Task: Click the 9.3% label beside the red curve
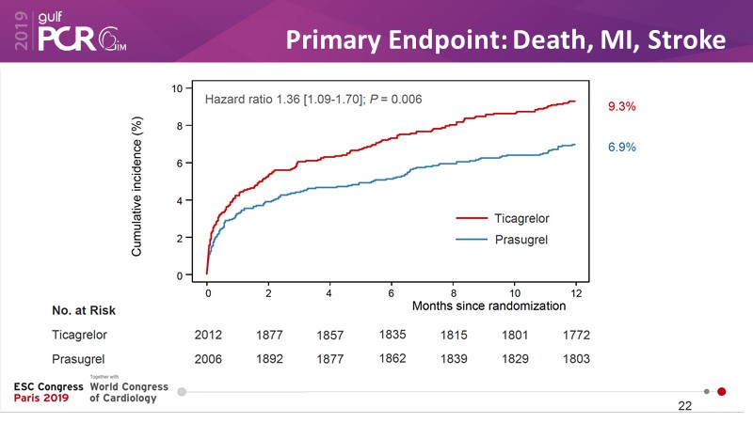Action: click(x=622, y=107)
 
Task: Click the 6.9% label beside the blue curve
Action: click(x=622, y=149)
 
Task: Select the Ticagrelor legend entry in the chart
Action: click(x=521, y=218)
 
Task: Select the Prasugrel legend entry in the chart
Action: click(x=521, y=240)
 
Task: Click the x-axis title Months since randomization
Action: click(x=489, y=305)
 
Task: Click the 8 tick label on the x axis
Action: click(x=454, y=293)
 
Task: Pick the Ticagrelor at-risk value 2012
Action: click(x=208, y=335)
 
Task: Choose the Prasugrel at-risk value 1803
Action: click(x=577, y=359)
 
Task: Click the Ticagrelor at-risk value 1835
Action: click(x=393, y=334)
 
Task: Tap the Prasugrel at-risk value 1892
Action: click(x=269, y=359)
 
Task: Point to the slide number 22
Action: click(x=684, y=406)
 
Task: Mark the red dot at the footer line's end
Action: click(x=722, y=391)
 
